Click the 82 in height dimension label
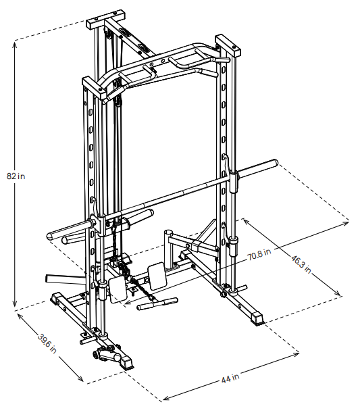(16, 176)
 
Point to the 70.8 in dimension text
(259, 255)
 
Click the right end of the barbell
(272, 164)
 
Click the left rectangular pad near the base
(118, 289)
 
